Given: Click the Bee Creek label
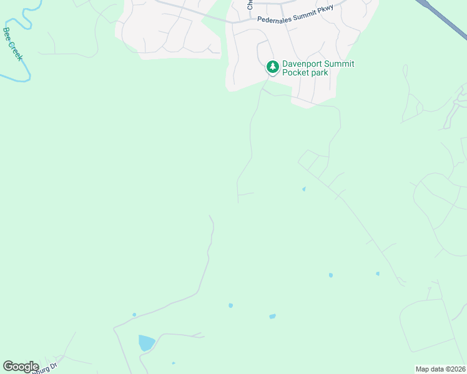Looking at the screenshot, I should tap(13, 44).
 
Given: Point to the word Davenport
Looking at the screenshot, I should tap(304, 64).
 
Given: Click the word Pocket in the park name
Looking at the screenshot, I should tap(296, 73).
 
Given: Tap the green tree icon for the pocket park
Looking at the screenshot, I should tap(272, 66).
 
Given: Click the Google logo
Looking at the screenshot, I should tap(21, 367).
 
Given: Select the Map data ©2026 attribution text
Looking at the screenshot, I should tap(440, 368).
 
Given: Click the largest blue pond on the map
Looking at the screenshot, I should tap(146, 343).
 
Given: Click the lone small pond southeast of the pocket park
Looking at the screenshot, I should tap(304, 189).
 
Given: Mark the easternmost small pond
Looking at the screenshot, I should tap(378, 273).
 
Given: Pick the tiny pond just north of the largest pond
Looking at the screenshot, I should tap(134, 315).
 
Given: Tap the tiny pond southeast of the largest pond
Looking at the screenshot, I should tap(174, 363).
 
